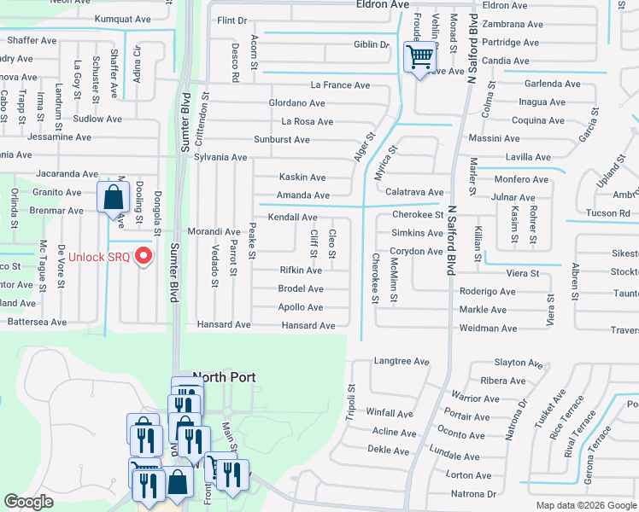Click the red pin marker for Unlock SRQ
(x=144, y=255)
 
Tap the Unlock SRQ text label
(x=97, y=257)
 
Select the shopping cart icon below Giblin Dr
(x=419, y=59)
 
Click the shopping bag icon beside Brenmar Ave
(x=113, y=198)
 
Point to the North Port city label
(x=226, y=376)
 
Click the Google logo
(x=29, y=503)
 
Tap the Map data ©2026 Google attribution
(x=585, y=505)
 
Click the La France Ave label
(x=340, y=85)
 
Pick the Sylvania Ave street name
(x=220, y=158)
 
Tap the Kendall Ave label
(x=293, y=218)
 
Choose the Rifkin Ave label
(x=301, y=271)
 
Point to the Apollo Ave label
(x=301, y=307)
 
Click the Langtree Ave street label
(x=402, y=362)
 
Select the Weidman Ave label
(x=488, y=329)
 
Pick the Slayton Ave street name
(x=514, y=363)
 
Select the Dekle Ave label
(x=390, y=449)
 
